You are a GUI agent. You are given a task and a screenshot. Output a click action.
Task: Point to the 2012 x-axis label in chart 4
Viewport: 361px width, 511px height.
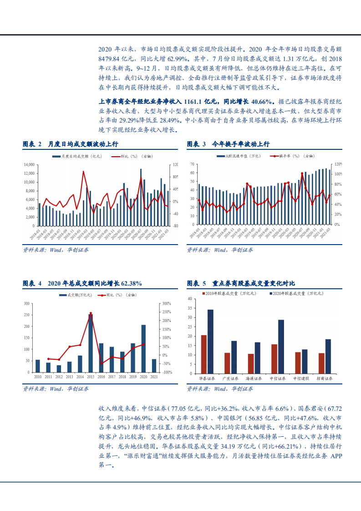pyautogui.click(x=59, y=377)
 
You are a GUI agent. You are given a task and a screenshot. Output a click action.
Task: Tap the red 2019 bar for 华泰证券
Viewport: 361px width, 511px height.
pyautogui.click(x=203, y=354)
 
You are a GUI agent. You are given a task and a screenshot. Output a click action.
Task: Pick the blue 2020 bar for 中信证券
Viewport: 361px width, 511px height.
pyautogui.click(x=281, y=347)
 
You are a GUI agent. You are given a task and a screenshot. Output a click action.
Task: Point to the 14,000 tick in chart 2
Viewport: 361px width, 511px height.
pyautogui.click(x=29, y=164)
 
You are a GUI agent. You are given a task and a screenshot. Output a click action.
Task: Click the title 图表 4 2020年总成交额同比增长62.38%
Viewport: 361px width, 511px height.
pyautogui.click(x=82, y=284)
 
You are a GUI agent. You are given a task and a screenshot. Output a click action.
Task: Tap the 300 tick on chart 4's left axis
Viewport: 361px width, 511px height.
pyautogui.click(x=27, y=304)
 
